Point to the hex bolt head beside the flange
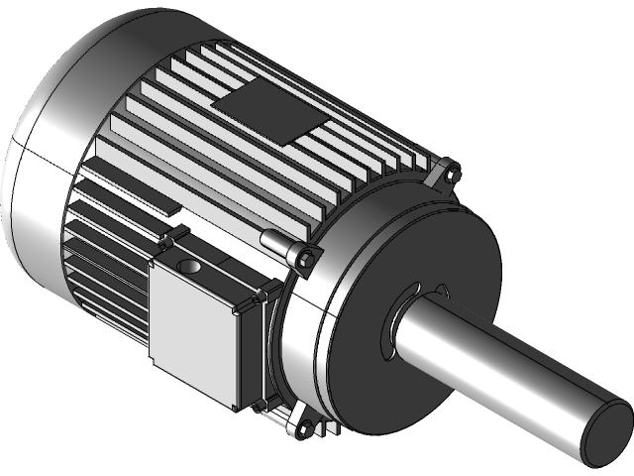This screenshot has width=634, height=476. click(x=305, y=260)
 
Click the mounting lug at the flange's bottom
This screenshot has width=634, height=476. click(x=301, y=427)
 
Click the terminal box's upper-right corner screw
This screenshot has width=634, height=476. click(x=262, y=296)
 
